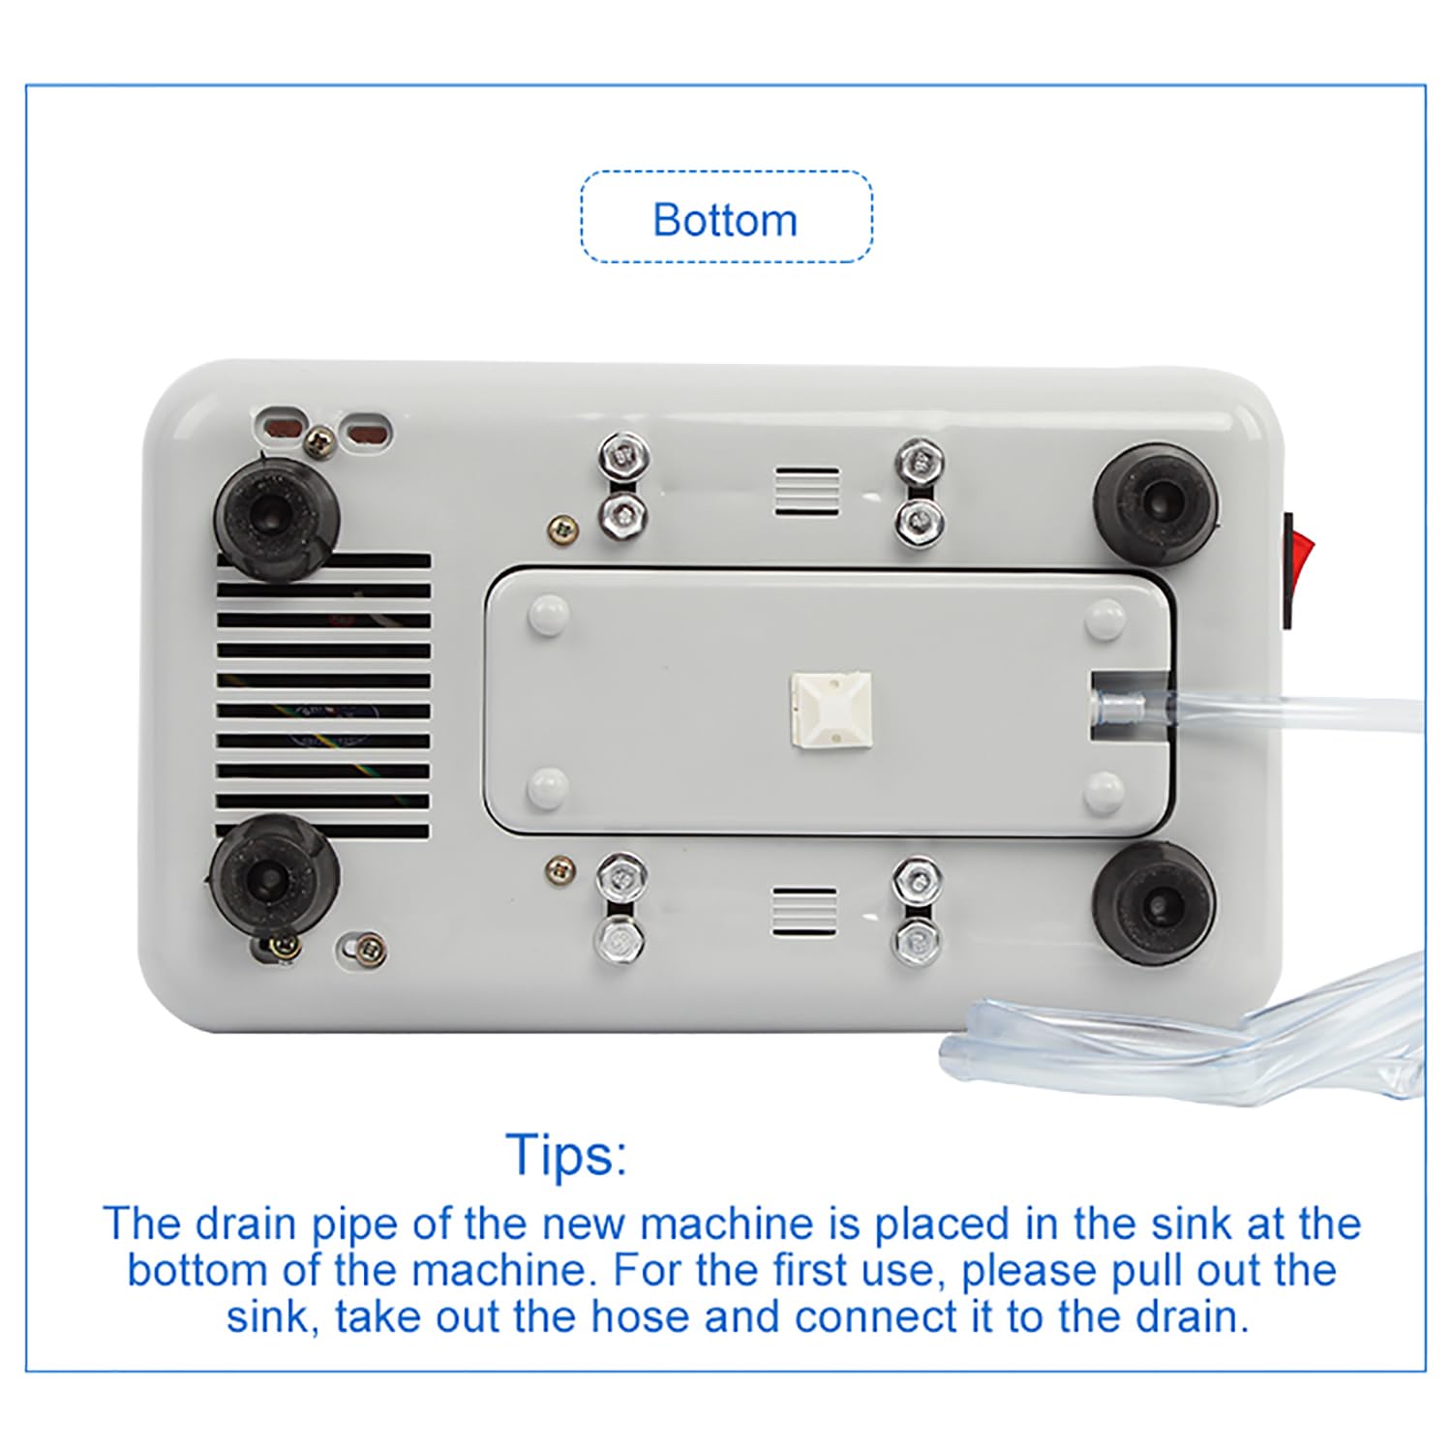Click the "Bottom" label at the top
[x=725, y=220]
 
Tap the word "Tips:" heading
[x=567, y=1154]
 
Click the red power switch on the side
[x=1292, y=570]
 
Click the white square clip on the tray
[x=831, y=711]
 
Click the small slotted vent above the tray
[x=806, y=491]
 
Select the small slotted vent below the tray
[x=804, y=912]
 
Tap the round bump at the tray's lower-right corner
[x=1105, y=791]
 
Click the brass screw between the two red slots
[x=317, y=443]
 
